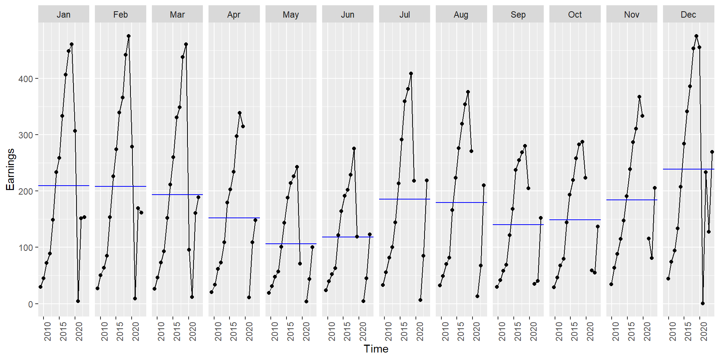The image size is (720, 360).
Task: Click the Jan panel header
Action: pyautogui.click(x=63, y=15)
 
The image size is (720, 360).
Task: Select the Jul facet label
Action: pyautogui.click(x=404, y=15)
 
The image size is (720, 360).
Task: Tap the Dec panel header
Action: pyautogui.click(x=688, y=15)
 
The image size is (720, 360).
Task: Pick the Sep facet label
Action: pyautogui.click(x=518, y=15)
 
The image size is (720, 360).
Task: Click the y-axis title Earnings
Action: pyautogui.click(x=10, y=169)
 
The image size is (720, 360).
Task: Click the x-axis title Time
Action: pyautogui.click(x=376, y=349)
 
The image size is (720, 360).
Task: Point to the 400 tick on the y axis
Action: pyautogui.click(x=25, y=79)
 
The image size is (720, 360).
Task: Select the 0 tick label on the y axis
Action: pyautogui.click(x=30, y=304)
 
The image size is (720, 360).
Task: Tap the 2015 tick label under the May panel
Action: pyautogui.click(x=291, y=331)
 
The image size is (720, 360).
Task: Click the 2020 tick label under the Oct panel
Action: pyautogui.click(x=590, y=331)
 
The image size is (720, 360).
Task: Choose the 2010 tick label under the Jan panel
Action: pyautogui.click(x=48, y=331)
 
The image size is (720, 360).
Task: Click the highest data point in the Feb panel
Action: pyautogui.click(x=129, y=36)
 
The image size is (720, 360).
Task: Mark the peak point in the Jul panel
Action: pyautogui.click(x=411, y=74)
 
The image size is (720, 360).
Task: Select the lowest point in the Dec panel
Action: pyautogui.click(x=703, y=303)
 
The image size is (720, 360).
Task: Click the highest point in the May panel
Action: pyautogui.click(x=297, y=167)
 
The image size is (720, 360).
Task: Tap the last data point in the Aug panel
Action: pyautogui.click(x=484, y=185)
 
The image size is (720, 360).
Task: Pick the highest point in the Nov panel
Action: pyautogui.click(x=639, y=97)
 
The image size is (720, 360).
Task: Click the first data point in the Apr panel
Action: pyautogui.click(x=211, y=292)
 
